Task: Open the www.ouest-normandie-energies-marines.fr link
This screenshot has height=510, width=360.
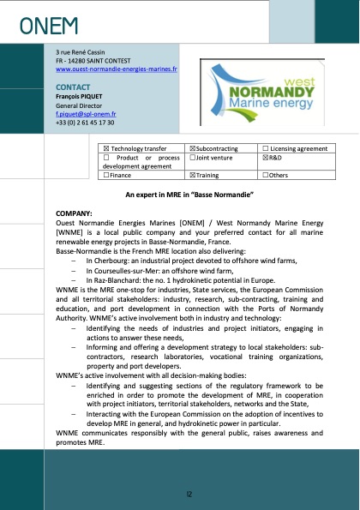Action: pyautogui.click(x=116, y=69)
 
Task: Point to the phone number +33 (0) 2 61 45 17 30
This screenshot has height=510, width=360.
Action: pyautogui.click(x=85, y=123)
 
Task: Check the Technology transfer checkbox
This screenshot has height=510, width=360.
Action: pyautogui.click(x=106, y=149)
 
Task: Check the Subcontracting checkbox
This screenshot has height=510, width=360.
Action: pyautogui.click(x=191, y=149)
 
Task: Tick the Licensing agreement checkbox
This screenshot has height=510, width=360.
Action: pyautogui.click(x=265, y=149)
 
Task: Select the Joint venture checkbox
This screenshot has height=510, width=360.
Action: pyautogui.click(x=191, y=159)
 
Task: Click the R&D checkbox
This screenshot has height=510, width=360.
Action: pyautogui.click(x=265, y=159)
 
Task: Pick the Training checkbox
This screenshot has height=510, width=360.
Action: pyautogui.click(x=191, y=176)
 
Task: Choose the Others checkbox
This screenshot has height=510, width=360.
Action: pyautogui.click(x=265, y=176)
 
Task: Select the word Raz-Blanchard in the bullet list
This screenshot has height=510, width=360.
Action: pyautogui.click(x=117, y=279)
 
